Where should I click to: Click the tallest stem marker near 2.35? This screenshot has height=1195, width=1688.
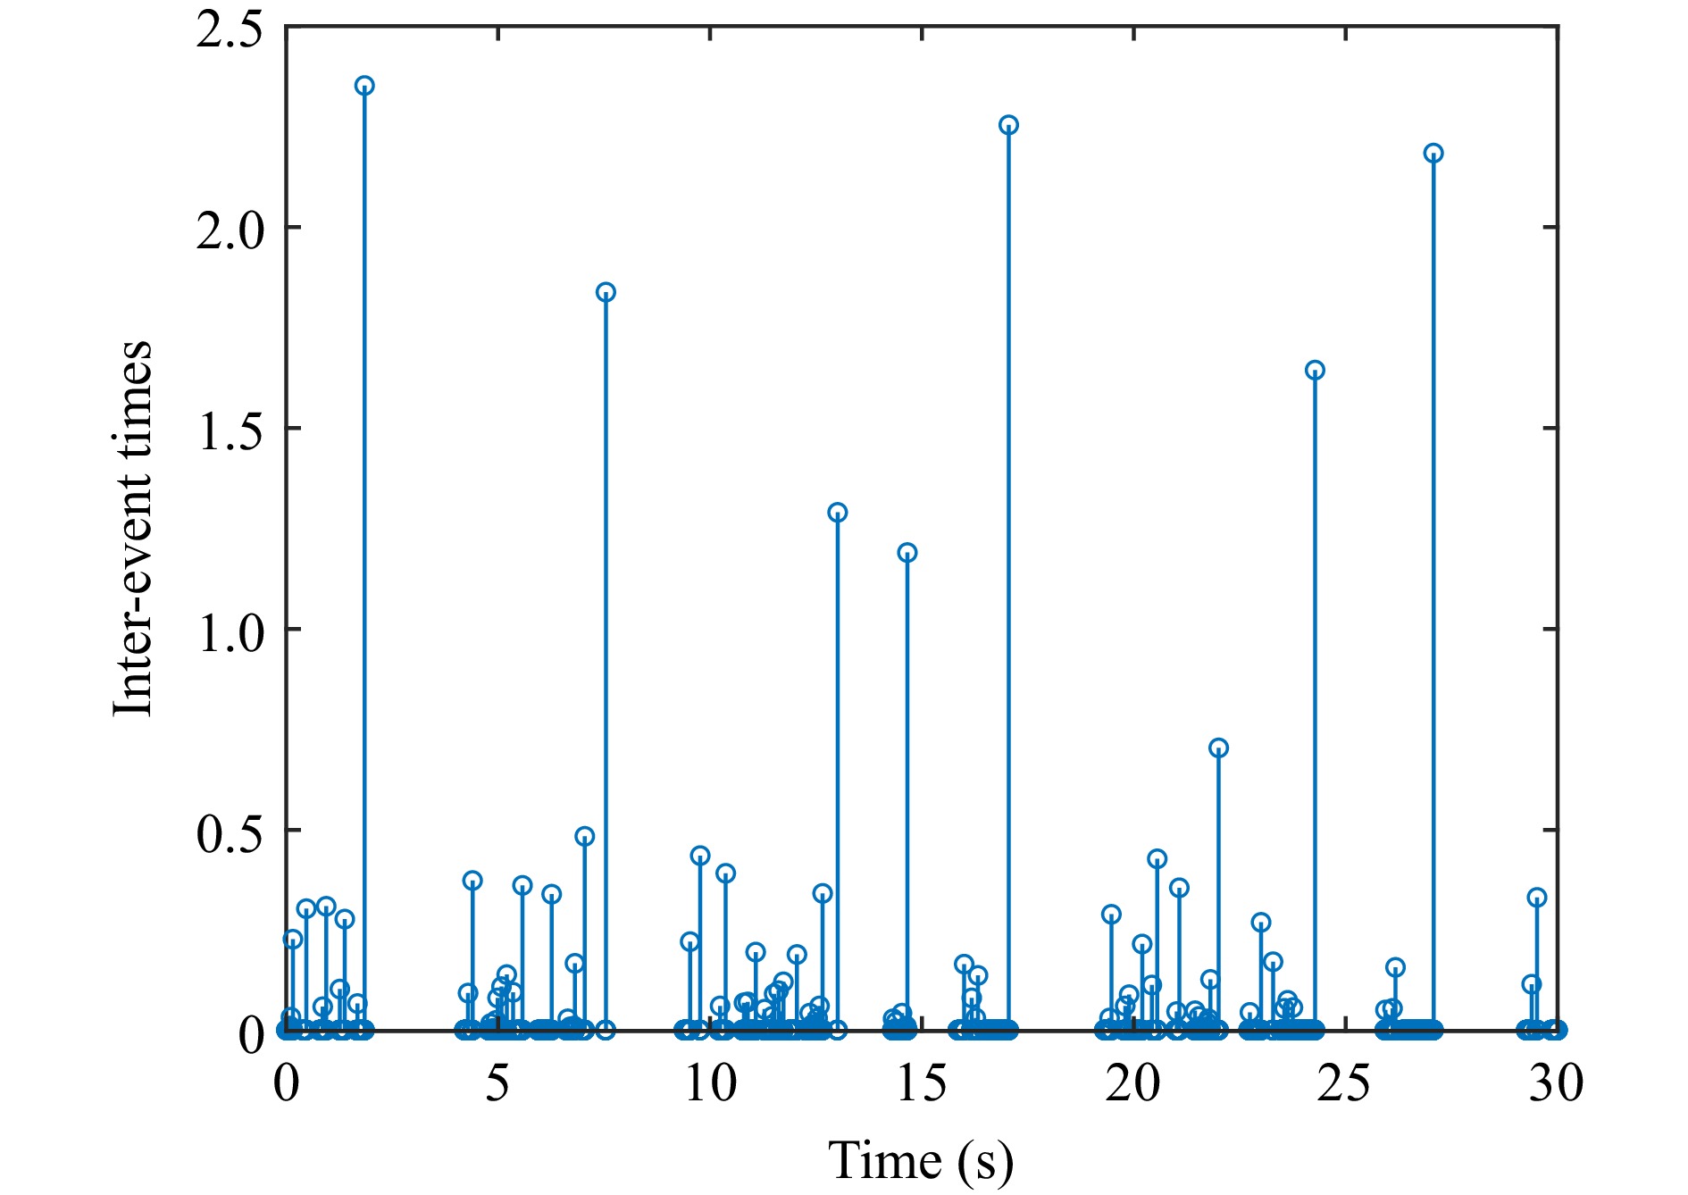point(364,86)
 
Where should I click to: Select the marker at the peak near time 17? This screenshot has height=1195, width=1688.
point(1008,125)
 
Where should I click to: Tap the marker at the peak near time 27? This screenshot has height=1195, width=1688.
point(1433,154)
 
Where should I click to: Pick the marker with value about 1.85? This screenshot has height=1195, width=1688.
point(606,292)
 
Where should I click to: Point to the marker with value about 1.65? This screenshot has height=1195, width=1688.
point(1315,370)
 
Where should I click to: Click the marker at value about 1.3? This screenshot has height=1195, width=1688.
point(837,513)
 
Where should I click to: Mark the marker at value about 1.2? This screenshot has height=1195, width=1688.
point(907,553)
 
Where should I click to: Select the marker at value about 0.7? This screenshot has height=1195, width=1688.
point(1218,748)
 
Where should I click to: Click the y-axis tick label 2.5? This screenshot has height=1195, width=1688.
point(230,29)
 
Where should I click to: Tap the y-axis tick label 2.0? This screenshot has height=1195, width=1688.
point(230,230)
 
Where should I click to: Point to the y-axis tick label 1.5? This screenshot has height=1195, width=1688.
point(230,430)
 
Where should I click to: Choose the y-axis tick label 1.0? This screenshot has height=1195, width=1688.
point(230,631)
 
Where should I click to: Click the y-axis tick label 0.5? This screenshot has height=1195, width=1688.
point(230,832)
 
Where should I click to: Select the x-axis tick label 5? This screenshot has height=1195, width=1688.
point(497,1083)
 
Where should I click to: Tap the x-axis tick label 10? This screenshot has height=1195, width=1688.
point(710,1083)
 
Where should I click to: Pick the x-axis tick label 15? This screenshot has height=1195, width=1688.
point(922,1083)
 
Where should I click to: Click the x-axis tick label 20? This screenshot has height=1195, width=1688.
point(1132,1083)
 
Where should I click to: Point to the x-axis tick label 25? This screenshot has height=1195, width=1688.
point(1345,1083)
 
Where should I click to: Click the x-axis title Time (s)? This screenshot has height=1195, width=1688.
point(921,1161)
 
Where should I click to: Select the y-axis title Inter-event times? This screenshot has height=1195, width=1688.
point(133,528)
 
